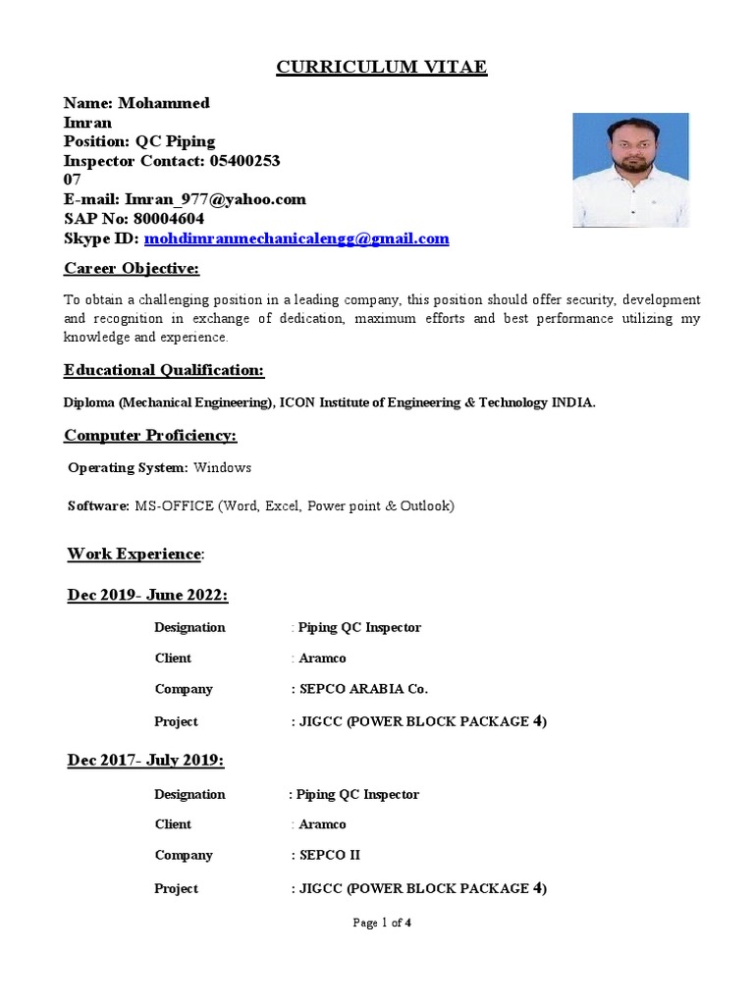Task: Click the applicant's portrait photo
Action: click(630, 170)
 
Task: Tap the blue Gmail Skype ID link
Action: click(296, 238)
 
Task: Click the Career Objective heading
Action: click(132, 269)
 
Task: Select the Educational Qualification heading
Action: click(164, 370)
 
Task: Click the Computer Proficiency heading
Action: click(150, 435)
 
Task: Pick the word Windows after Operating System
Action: click(223, 468)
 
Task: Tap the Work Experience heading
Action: click(134, 555)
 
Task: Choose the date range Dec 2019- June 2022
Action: click(147, 596)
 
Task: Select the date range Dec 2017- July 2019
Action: click(145, 761)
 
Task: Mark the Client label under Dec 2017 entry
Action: click(173, 824)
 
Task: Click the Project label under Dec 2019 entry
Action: click(176, 721)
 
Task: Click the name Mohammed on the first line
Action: click(164, 103)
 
